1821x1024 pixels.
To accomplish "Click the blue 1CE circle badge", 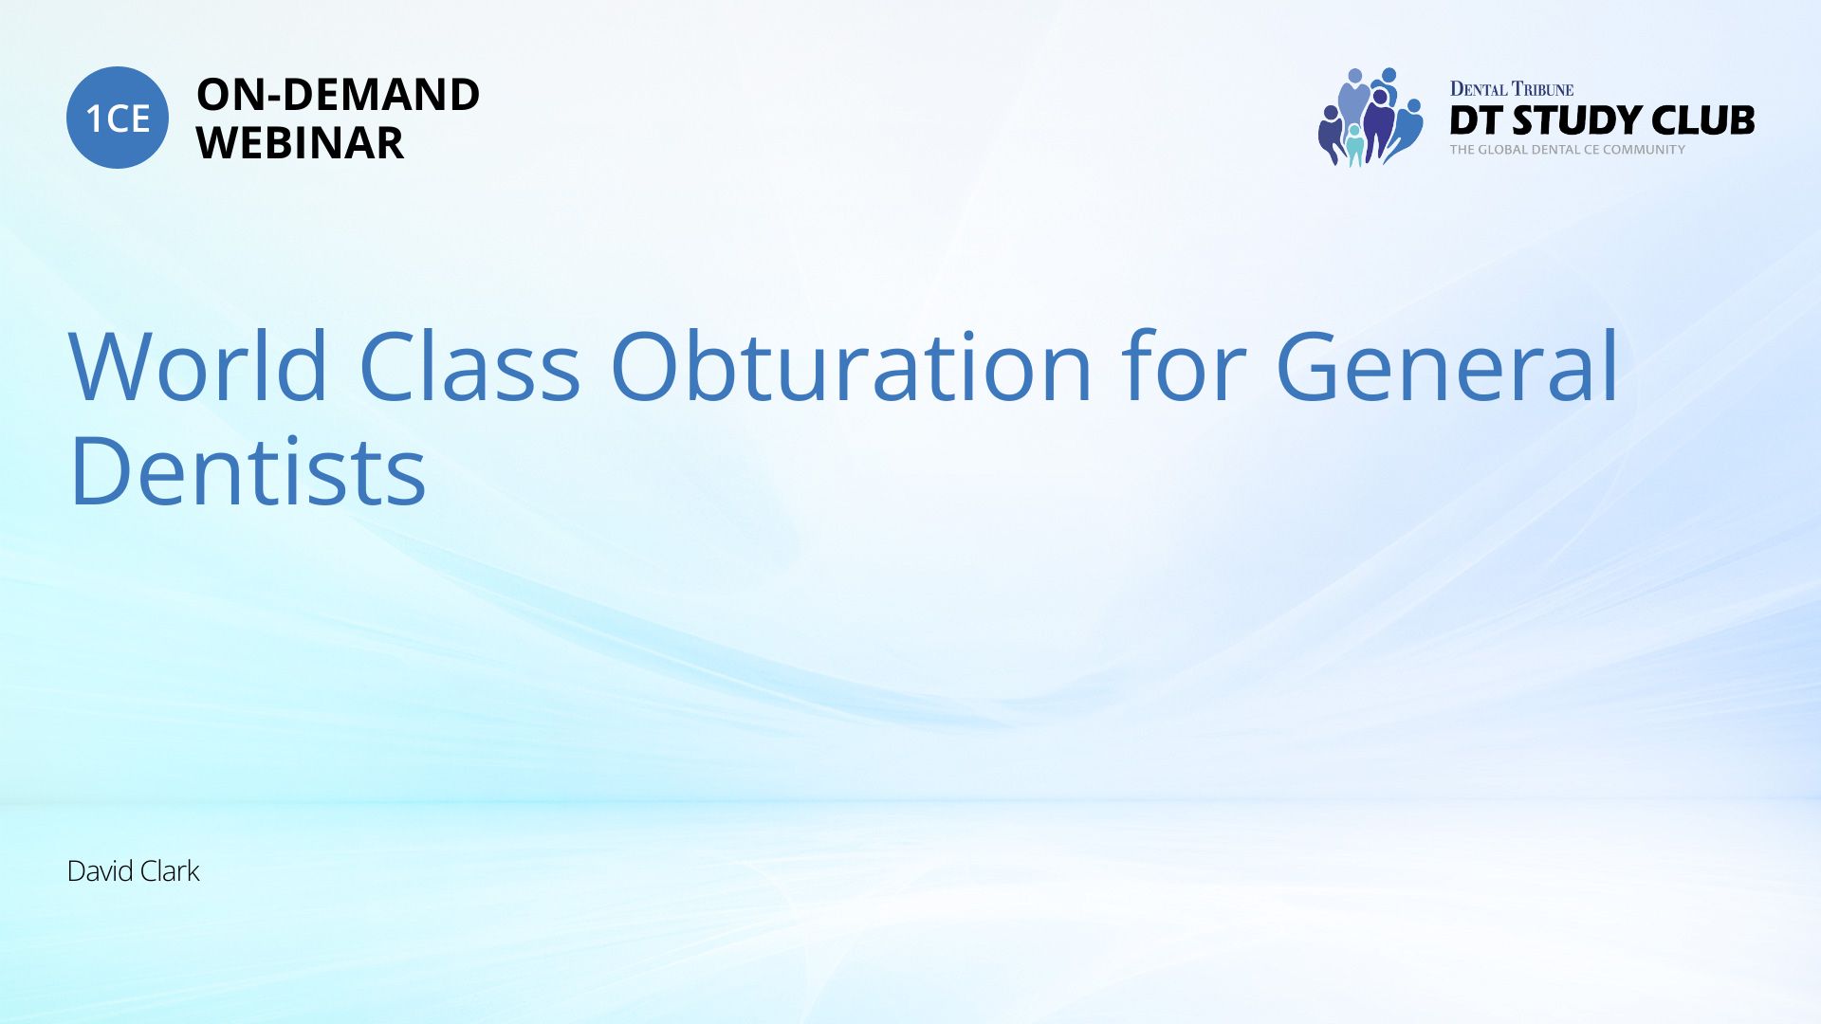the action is tap(118, 118).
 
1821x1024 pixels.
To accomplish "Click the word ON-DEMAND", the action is tap(338, 95).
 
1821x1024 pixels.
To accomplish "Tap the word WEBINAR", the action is tap(300, 143).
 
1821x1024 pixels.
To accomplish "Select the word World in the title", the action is tap(198, 366).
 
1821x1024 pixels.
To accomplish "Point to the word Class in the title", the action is tap(469, 366).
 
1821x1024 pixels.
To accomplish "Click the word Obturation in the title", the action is tap(851, 366).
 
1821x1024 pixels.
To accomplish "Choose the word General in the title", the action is tap(1447, 366).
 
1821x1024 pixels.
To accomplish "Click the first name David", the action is tap(100, 871).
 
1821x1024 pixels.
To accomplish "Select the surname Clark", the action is tap(169, 871).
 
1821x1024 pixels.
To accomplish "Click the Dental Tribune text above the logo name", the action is tap(1512, 89).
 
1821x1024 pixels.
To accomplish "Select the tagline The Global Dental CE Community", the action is tap(1568, 150).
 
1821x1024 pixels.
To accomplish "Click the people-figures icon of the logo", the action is tap(1370, 118).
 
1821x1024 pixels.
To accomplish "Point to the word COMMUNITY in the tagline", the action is tap(1644, 150).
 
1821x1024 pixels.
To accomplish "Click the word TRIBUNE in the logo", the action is tap(1543, 89).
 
